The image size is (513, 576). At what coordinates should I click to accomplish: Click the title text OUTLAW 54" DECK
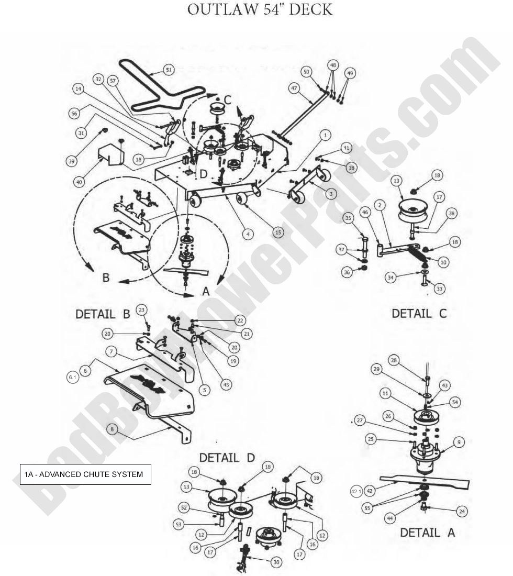(260, 9)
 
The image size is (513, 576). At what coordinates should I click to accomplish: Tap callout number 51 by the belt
(168, 69)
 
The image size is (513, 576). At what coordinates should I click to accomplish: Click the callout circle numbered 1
(325, 135)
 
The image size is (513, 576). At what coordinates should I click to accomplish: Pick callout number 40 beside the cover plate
(79, 182)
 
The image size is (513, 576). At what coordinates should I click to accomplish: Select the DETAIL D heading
(227, 457)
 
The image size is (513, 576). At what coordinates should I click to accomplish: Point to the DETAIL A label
(427, 533)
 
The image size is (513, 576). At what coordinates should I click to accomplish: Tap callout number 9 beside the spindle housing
(458, 443)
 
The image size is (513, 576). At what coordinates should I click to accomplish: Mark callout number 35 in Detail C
(362, 217)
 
